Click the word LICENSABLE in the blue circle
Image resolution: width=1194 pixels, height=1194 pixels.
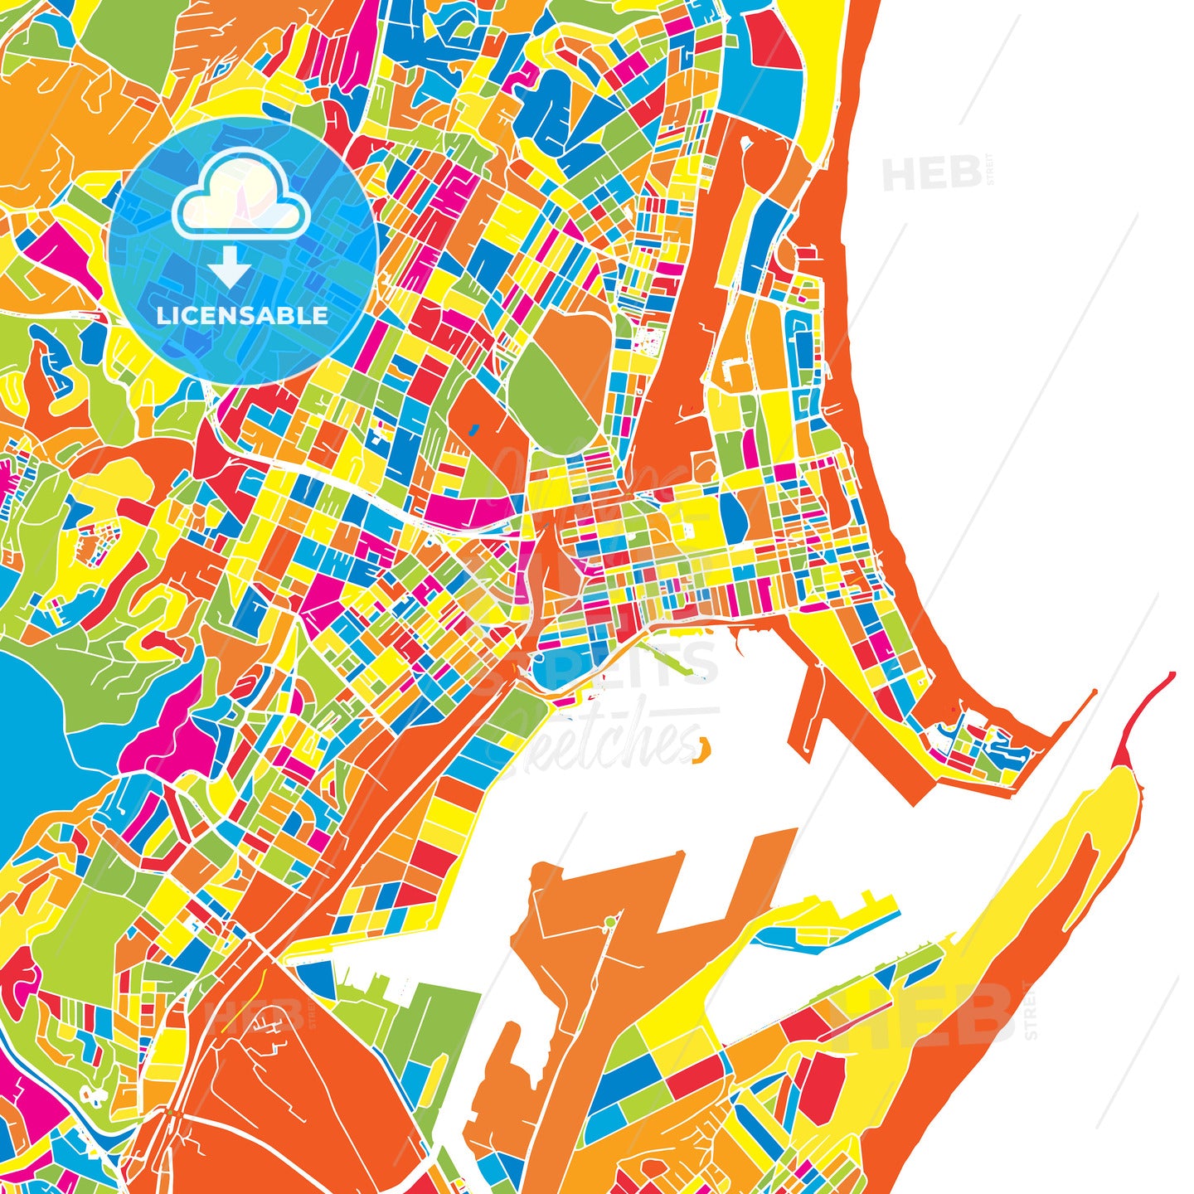click(242, 315)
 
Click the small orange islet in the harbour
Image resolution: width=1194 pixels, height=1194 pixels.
click(702, 749)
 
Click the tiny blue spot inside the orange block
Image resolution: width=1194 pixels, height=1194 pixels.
click(473, 430)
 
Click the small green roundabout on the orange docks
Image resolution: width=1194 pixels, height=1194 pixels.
click(611, 921)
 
